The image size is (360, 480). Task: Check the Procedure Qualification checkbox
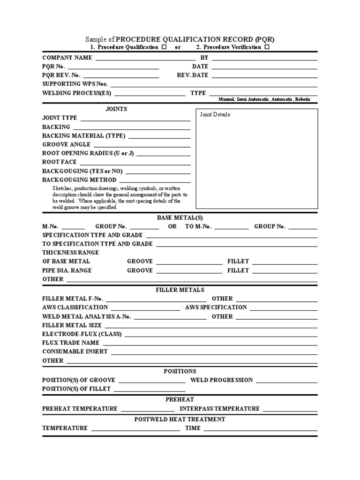click(x=164, y=48)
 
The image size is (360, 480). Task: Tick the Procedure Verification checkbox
click(x=267, y=48)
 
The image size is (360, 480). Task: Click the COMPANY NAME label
click(x=67, y=58)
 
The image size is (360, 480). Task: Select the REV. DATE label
click(x=193, y=75)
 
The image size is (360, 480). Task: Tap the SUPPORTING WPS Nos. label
click(x=75, y=84)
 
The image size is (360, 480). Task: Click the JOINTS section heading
click(x=116, y=109)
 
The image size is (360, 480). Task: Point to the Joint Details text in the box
click(x=215, y=114)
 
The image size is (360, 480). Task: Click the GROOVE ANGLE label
click(x=66, y=144)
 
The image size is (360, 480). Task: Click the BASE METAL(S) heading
click(x=180, y=217)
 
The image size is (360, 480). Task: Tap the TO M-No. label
click(x=198, y=226)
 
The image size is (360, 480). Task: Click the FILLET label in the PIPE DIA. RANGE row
click(x=238, y=270)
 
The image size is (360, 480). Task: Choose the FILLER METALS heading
click(x=180, y=290)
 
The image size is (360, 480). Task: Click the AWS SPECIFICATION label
click(x=216, y=307)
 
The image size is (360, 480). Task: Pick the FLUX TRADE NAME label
click(x=71, y=343)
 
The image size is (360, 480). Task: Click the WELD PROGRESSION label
click(x=222, y=380)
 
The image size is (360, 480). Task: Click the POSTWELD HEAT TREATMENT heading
click(x=180, y=419)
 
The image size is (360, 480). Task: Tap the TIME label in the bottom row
click(x=193, y=428)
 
